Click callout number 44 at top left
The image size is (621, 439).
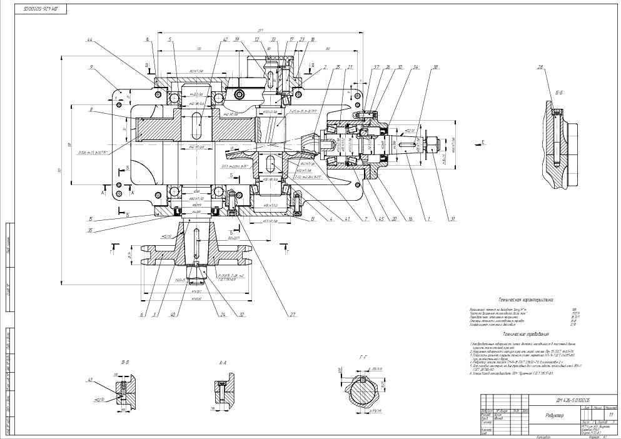89,41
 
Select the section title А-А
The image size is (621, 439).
222,362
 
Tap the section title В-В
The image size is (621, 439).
125,362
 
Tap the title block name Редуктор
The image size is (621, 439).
555,415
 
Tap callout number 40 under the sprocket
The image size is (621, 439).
171,315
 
